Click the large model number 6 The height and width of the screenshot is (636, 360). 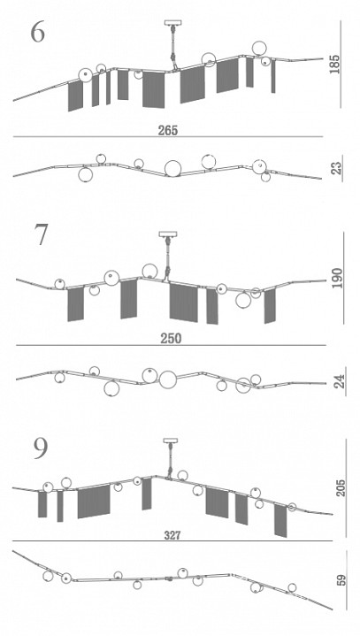tap(38, 31)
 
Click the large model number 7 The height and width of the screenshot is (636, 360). tap(41, 234)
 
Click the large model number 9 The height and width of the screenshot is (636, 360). tap(40, 448)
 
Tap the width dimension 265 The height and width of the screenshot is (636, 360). tap(168, 130)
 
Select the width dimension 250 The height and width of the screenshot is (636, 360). tap(171, 338)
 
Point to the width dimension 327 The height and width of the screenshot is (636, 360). tap(172, 535)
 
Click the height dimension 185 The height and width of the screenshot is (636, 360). tap(335, 64)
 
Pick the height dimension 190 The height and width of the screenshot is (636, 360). tap(337, 279)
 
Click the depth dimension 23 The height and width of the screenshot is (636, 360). tap(336, 168)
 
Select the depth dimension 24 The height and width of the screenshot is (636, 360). tap(340, 381)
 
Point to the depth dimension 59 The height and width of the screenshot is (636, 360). tap(341, 580)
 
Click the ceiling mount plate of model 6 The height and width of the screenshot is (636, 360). tap(172, 23)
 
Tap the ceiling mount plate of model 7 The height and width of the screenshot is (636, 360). tap(168, 234)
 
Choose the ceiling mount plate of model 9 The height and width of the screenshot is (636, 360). tap(171, 441)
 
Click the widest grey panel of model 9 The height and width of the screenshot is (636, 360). tap(94, 502)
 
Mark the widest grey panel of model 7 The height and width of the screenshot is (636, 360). tap(184, 303)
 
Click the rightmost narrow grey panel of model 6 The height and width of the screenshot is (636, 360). tap(273, 76)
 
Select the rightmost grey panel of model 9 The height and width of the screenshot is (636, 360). tap(280, 521)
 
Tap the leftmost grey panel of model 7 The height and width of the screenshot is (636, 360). tap(75, 304)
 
